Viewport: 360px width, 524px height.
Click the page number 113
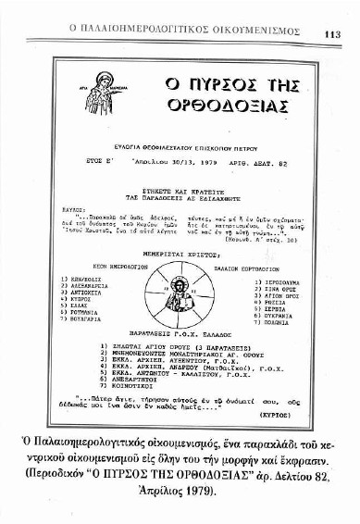(x=333, y=34)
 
